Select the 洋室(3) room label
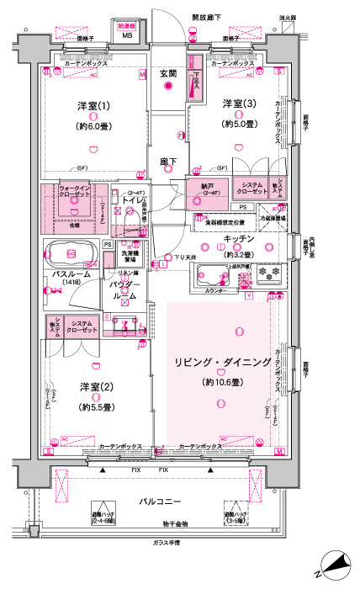pos(238,103)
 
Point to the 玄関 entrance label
pos(168,74)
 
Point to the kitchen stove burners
pos(268,273)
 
